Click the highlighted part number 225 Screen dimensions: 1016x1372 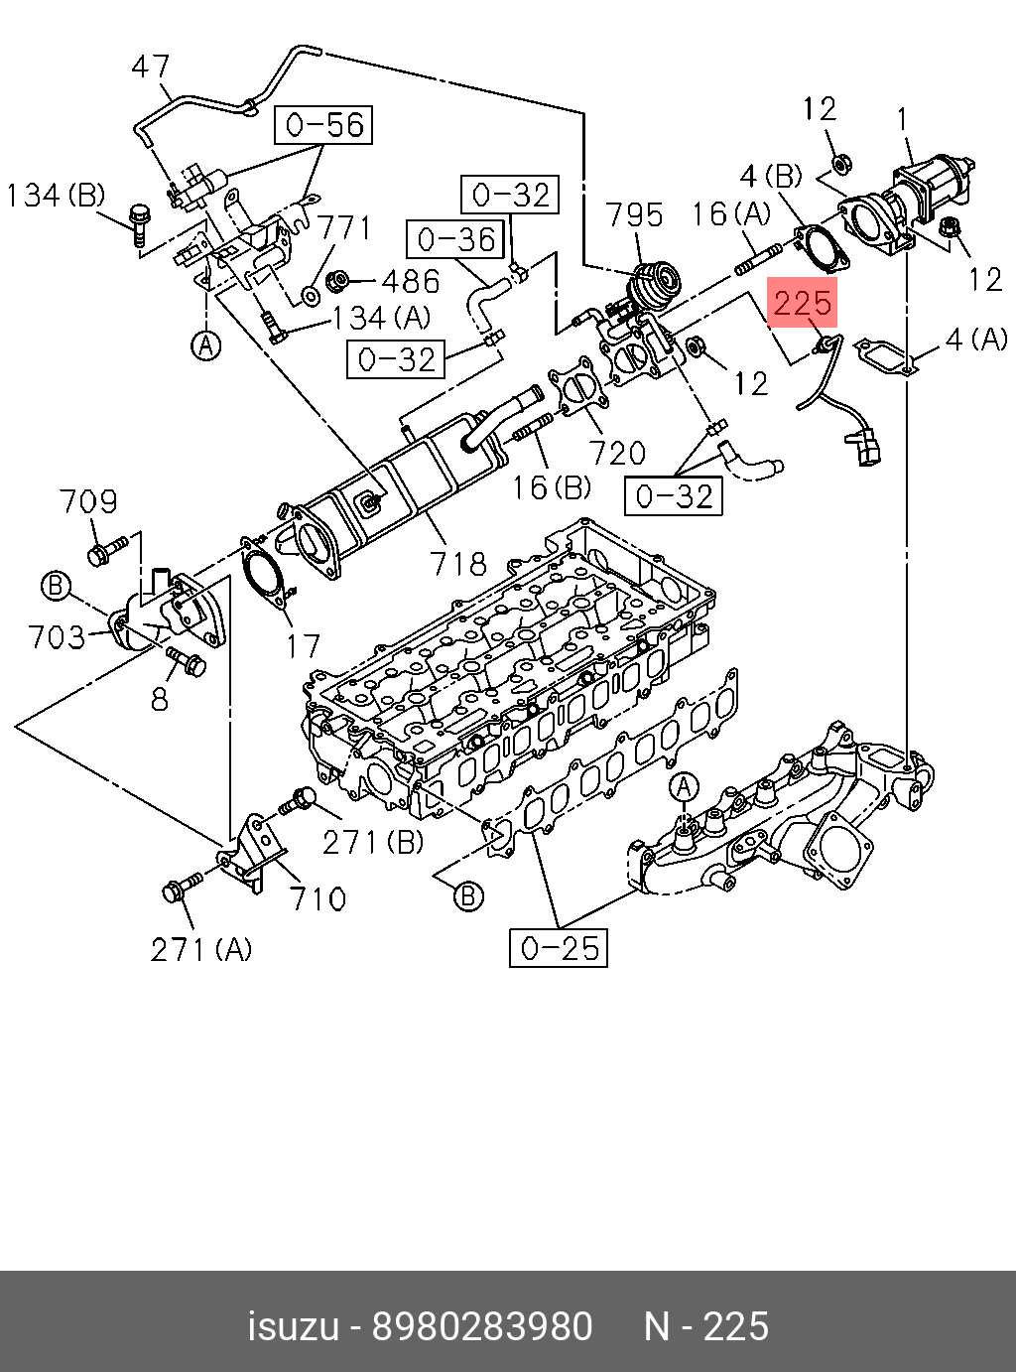[x=802, y=302]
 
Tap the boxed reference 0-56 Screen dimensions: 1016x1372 [x=324, y=125]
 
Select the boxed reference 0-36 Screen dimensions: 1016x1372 [x=455, y=239]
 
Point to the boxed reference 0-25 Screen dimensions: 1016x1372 [x=559, y=947]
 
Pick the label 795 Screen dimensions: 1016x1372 [x=634, y=215]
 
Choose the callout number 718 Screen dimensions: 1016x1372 [x=458, y=564]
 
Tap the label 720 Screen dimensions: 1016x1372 [x=616, y=454]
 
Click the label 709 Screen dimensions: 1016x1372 [x=88, y=501]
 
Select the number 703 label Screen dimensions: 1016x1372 [x=57, y=637]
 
